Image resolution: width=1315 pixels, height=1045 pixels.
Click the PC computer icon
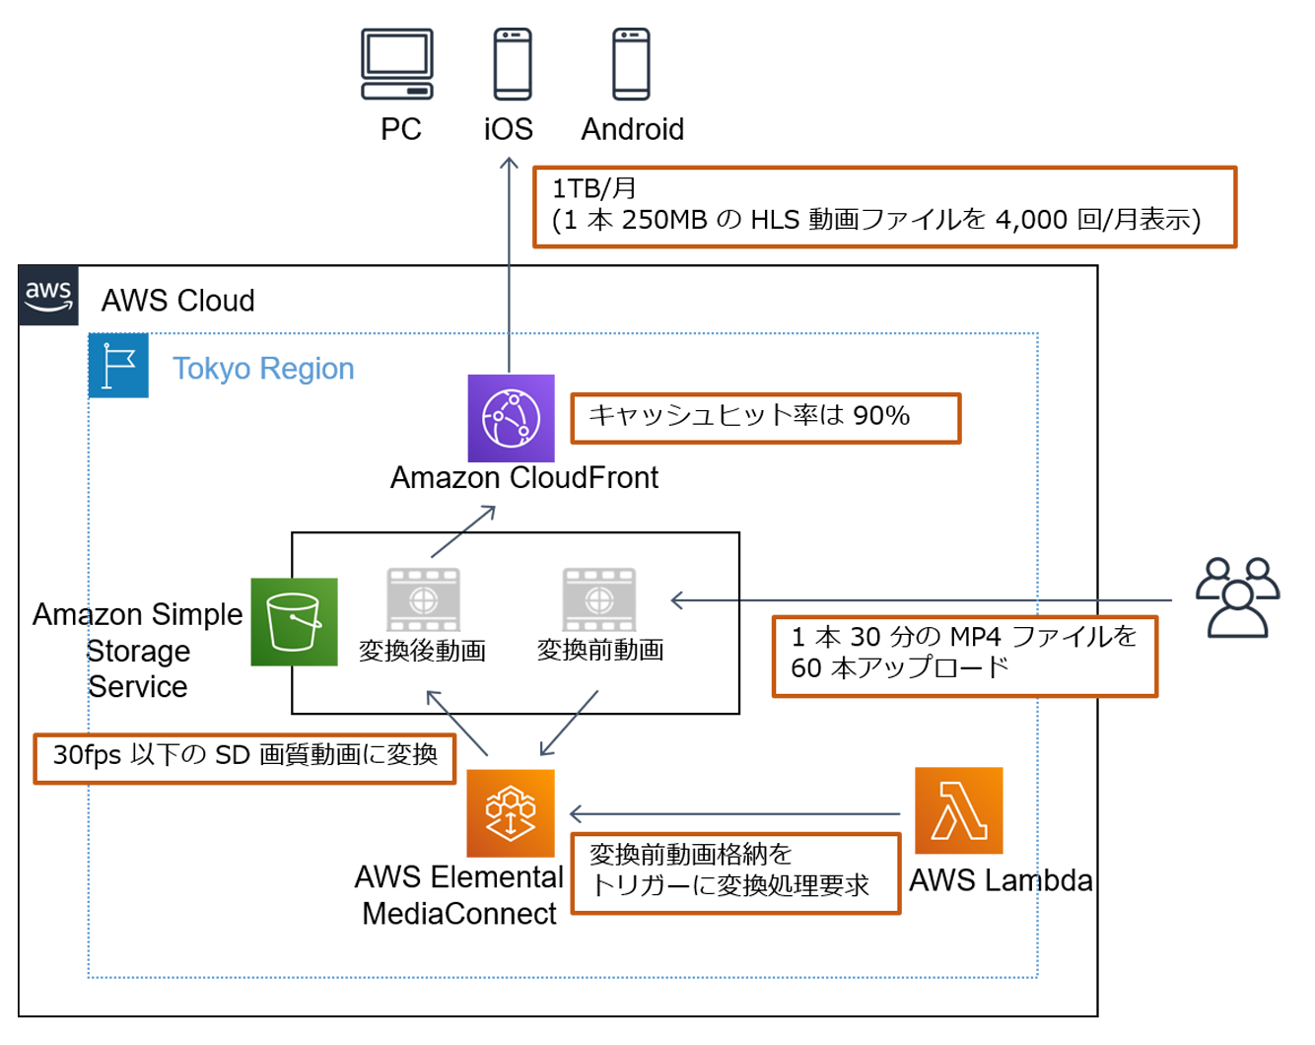click(397, 64)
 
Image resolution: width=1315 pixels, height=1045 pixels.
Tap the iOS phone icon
click(513, 64)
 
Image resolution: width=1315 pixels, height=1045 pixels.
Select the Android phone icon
click(631, 64)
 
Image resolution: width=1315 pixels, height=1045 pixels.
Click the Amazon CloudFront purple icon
click(511, 418)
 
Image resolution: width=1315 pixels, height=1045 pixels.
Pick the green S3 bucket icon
click(294, 622)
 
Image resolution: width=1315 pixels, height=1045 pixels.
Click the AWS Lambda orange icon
click(958, 810)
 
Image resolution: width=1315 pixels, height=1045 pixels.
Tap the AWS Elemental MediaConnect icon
click(510, 813)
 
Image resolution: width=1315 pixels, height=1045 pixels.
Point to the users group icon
click(1237, 598)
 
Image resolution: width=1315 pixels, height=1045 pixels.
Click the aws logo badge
click(48, 295)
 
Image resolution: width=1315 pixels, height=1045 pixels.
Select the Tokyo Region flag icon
click(118, 366)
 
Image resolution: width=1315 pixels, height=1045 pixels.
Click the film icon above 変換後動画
click(423, 599)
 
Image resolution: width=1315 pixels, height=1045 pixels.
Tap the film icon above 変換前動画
click(599, 599)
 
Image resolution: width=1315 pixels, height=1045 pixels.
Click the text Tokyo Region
click(263, 369)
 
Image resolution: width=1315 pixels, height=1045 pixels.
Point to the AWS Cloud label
click(178, 301)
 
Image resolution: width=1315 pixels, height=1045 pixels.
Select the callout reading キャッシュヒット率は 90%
click(765, 418)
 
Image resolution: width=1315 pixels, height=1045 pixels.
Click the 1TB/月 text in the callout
click(593, 188)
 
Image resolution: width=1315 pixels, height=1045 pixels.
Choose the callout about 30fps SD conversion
click(244, 758)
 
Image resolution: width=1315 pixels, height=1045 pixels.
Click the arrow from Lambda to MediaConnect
click(734, 814)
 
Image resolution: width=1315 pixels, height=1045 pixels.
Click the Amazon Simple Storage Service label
click(138, 651)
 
